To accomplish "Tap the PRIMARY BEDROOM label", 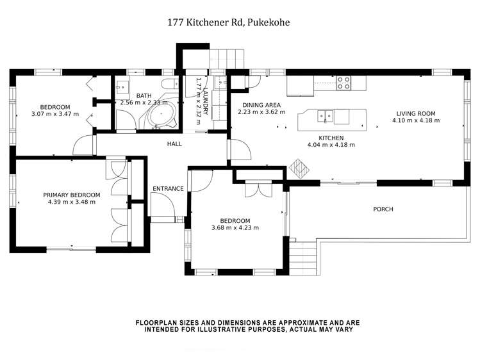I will [x=71, y=195].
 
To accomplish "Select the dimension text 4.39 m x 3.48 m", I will [x=71, y=202].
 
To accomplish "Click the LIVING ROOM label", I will [x=420, y=113].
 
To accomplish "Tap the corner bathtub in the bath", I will [x=160, y=117].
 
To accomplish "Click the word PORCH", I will [x=383, y=209].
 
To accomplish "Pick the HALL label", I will [x=175, y=144].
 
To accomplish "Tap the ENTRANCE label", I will [x=168, y=188].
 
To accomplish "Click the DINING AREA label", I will [x=261, y=104].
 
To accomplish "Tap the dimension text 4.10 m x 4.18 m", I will [x=420, y=120].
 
